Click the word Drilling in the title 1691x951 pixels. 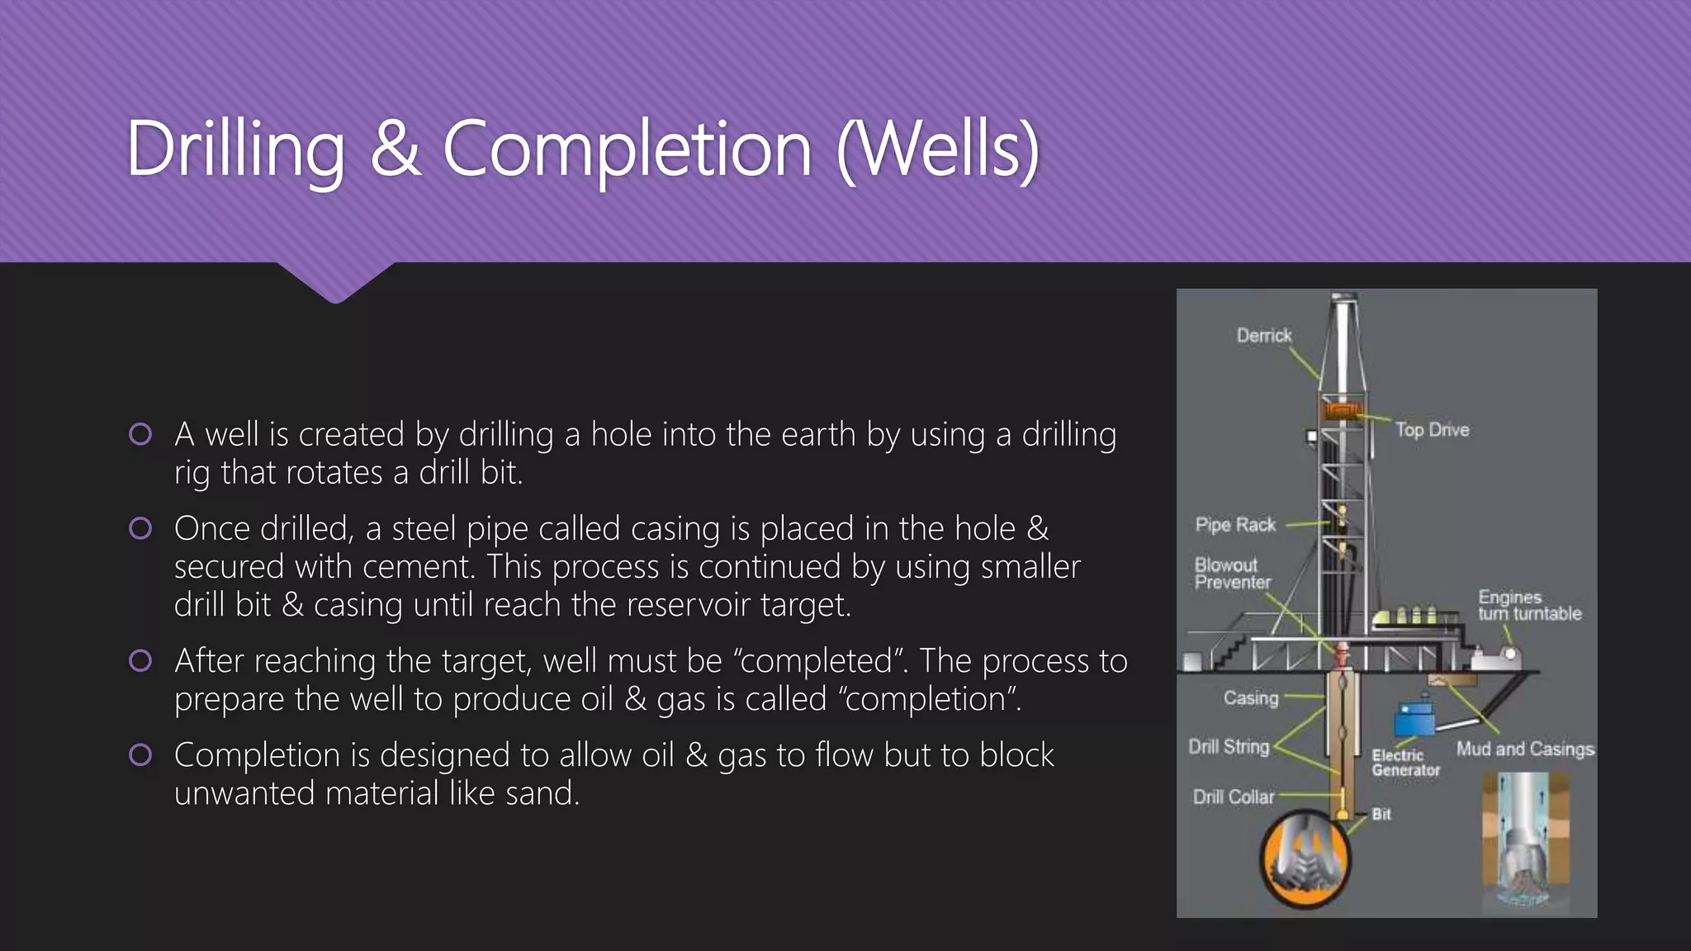235,149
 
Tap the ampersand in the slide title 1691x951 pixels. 395,149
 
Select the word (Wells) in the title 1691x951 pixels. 938,149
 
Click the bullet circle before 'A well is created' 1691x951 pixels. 140,434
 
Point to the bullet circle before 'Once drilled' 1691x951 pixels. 140,528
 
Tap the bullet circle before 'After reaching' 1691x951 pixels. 140,660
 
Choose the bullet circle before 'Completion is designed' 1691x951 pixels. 140,755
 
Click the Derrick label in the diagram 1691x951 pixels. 1263,335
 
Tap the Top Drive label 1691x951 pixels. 1432,430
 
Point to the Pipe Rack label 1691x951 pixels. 1235,525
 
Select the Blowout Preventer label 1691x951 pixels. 1232,574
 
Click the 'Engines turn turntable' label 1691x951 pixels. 1529,605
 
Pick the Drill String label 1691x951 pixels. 1229,747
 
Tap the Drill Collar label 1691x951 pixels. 1233,797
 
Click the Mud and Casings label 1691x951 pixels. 1524,749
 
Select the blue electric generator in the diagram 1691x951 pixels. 1414,720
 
